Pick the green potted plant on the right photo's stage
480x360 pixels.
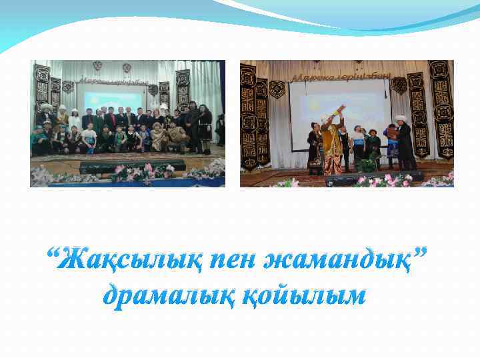(366, 165)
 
